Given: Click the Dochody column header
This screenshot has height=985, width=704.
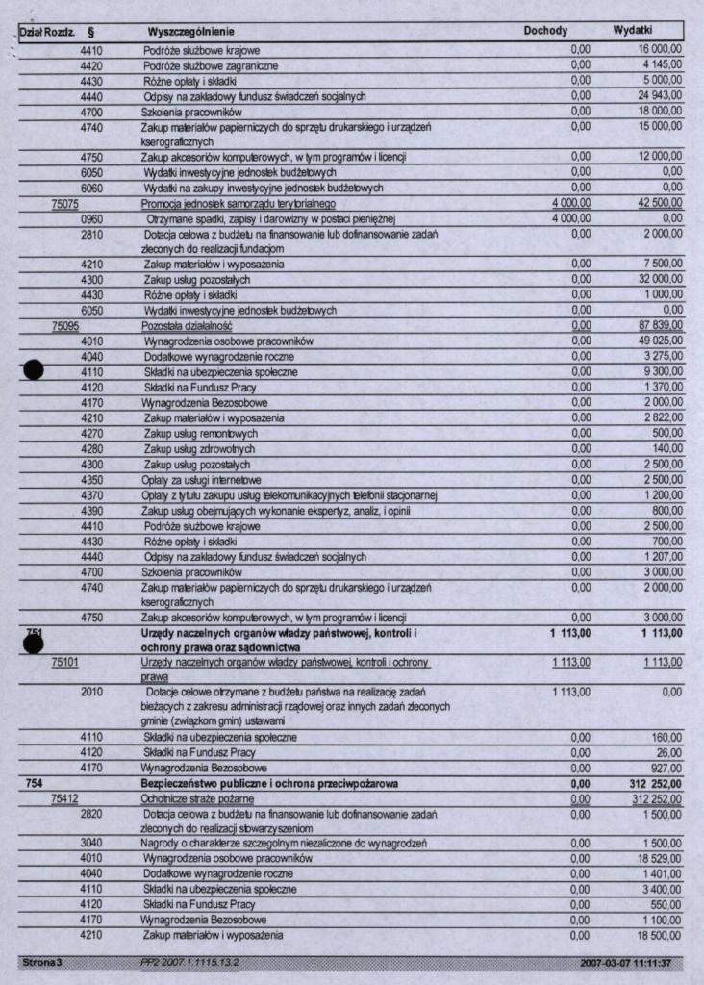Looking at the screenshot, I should (545, 31).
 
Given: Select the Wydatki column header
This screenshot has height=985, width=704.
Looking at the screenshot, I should (633, 31).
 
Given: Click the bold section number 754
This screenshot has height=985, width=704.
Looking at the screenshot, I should (32, 784).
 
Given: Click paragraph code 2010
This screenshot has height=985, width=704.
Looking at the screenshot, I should (91, 692).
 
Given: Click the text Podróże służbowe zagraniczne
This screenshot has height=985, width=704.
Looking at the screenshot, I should (211, 65).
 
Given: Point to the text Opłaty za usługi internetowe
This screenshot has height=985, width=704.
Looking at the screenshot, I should (203, 480).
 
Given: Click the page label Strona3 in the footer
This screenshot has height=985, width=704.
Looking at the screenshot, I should (40, 962).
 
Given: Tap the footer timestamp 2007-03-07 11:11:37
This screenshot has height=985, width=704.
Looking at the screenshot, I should (625, 962).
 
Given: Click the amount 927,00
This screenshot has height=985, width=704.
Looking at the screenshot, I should (665, 769).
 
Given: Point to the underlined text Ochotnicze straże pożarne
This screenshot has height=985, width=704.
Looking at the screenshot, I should (197, 799).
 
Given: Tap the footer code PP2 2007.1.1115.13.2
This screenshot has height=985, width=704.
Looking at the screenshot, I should (189, 962).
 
